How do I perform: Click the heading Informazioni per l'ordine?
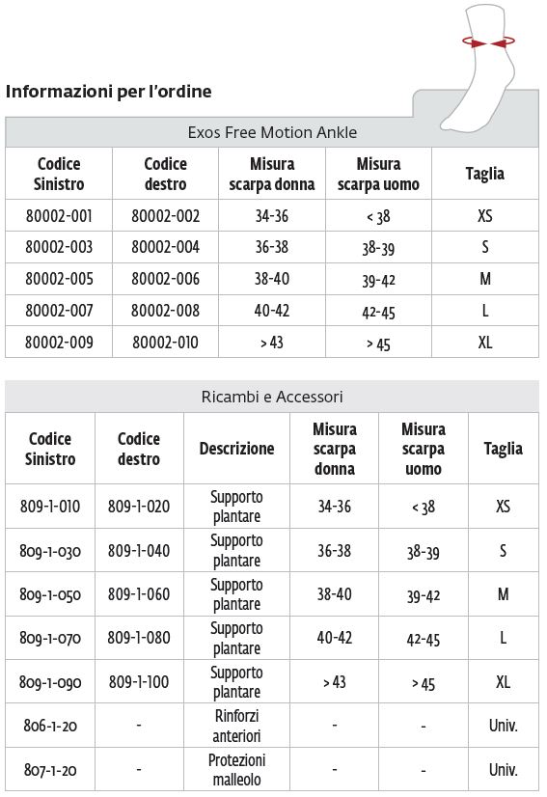tap(109, 92)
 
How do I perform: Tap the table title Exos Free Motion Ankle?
tap(272, 133)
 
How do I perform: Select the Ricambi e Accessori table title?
tap(272, 397)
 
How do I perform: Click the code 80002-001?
tap(59, 216)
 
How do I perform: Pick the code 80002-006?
tap(165, 279)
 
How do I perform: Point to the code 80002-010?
tap(165, 343)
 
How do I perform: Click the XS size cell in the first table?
tap(484, 216)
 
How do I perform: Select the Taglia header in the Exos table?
tap(484, 174)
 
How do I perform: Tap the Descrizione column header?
tap(236, 449)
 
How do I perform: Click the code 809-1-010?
tap(50, 507)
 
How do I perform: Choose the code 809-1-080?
tap(138, 638)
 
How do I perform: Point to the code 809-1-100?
tap(138, 682)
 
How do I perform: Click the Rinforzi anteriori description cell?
tap(236, 726)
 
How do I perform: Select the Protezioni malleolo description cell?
tap(236, 770)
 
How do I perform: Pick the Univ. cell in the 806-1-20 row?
tap(503, 726)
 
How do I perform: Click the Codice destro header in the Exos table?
tap(165, 174)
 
